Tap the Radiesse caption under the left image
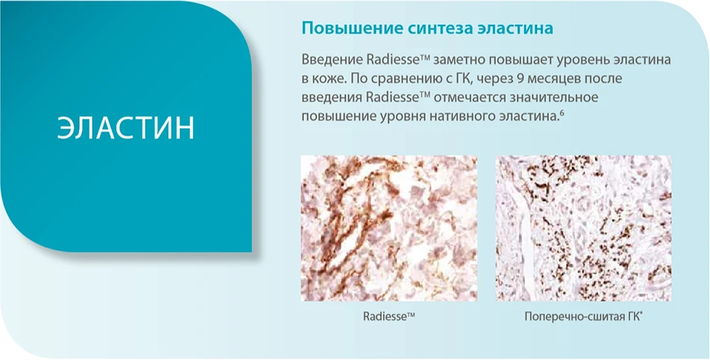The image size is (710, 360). (388, 317)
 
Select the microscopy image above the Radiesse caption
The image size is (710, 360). (389, 228)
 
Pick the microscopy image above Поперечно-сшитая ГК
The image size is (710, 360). (583, 228)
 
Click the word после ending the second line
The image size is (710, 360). (606, 78)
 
